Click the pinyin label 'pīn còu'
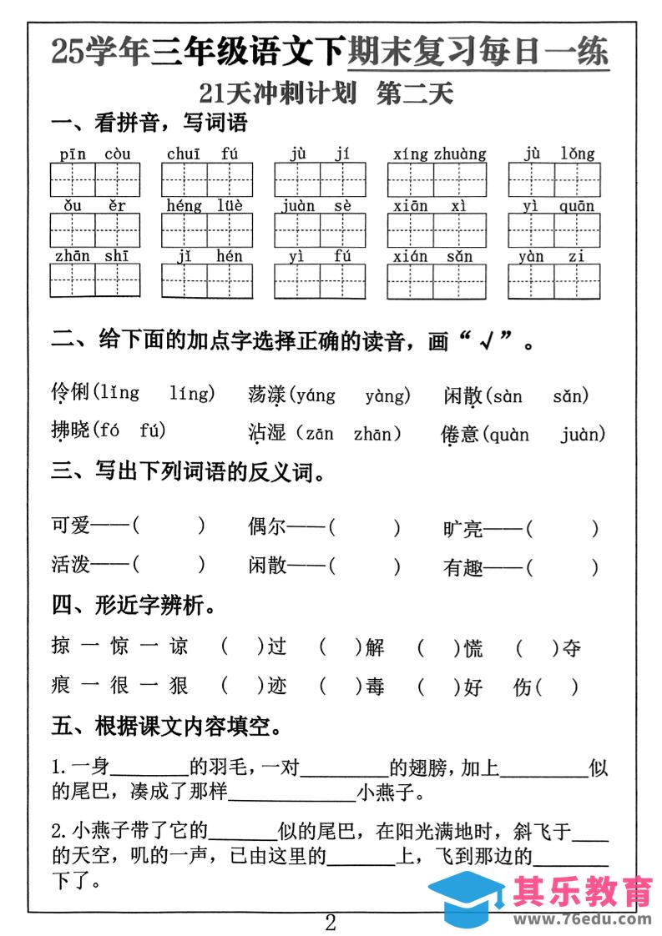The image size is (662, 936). (95, 154)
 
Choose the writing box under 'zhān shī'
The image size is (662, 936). (94, 281)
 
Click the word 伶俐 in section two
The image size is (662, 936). (70, 392)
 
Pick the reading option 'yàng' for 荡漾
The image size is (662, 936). (387, 395)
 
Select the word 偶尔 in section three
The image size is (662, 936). (266, 526)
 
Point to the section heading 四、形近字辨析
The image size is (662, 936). (134, 606)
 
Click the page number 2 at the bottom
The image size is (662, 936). (331, 923)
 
